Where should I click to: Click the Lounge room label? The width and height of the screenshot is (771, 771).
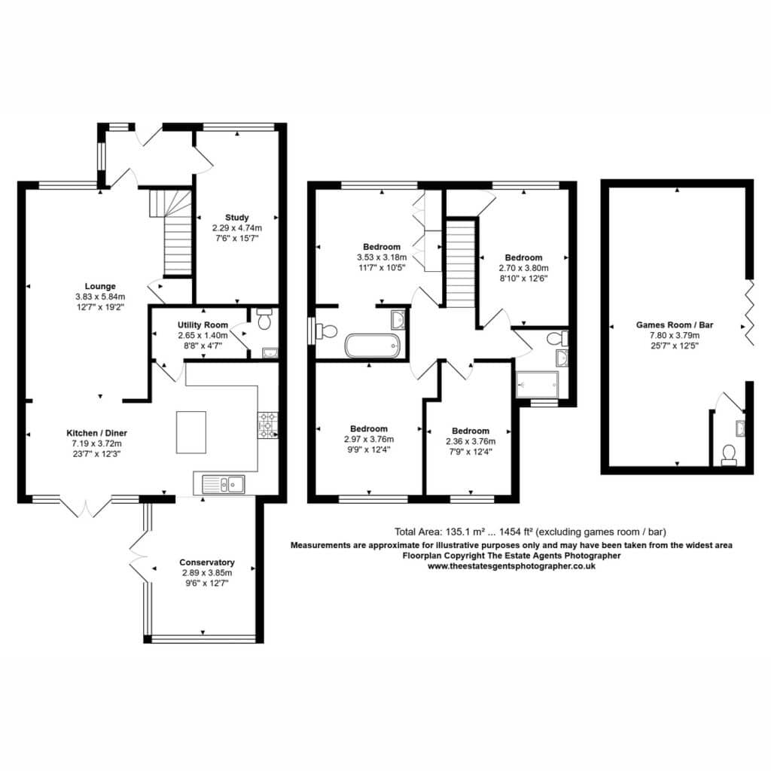100,286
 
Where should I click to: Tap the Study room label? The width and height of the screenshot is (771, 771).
237,218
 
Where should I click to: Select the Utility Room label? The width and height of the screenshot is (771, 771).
203,325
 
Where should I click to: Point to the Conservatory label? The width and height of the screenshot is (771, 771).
207,562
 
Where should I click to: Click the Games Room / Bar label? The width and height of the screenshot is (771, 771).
675,325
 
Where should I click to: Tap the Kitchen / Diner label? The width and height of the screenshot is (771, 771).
97,433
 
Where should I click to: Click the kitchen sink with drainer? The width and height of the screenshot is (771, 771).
223,484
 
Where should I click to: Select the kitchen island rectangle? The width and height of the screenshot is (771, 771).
191,432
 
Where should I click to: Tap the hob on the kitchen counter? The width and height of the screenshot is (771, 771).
267,425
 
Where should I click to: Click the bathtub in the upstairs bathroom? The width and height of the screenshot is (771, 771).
373,346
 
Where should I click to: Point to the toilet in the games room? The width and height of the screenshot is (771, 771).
729,455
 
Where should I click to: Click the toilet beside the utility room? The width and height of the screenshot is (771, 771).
264,318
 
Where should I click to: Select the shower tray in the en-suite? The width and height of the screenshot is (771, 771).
538,385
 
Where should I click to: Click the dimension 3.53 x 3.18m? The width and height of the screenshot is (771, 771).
382,258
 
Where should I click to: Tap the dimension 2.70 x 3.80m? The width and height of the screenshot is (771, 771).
524,268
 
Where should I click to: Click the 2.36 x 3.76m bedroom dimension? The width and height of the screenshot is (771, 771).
471,441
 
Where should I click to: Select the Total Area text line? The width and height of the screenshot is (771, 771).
530,532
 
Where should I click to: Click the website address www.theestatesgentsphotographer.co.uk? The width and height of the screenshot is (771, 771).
511,566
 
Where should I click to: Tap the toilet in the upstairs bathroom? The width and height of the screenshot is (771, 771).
327,331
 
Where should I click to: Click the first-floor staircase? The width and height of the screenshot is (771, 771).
460,264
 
